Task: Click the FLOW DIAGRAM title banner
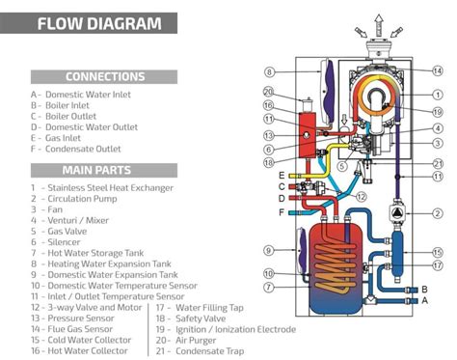pyautogui.click(x=91, y=23)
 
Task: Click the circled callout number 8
pyautogui.click(x=270, y=71)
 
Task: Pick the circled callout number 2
pyautogui.click(x=438, y=212)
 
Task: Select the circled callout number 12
pyautogui.click(x=361, y=197)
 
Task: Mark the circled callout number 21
pyautogui.click(x=438, y=163)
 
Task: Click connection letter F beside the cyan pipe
pyautogui.click(x=282, y=211)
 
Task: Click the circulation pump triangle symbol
pyautogui.click(x=396, y=213)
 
